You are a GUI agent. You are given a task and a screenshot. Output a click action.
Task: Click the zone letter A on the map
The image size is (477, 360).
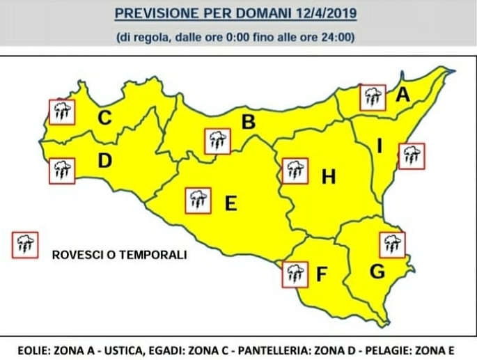coord(402,95)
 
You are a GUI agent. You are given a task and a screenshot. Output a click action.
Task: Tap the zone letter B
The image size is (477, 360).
coord(248,123)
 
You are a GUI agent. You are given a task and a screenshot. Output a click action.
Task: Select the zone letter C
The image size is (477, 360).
coord(104,118)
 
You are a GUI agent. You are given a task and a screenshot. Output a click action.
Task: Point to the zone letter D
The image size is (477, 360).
coord(104,162)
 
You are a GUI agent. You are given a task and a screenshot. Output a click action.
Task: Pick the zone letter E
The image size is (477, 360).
coord(231,203)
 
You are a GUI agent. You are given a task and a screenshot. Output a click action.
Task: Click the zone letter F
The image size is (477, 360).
coord(321,275)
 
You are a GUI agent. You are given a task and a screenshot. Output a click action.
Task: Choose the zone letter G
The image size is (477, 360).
coord(377,272)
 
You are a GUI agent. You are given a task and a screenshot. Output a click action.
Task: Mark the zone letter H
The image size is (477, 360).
coord(329,178)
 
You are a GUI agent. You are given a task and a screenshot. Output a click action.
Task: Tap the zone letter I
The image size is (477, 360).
coord(380,146)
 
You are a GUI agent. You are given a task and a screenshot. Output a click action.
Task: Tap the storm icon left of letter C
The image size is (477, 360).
coord(61,110)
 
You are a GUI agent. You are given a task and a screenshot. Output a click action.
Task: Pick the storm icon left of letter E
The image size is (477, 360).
coord(197,201)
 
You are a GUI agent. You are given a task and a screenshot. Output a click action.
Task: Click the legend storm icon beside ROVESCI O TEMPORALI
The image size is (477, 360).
coord(26,244)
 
